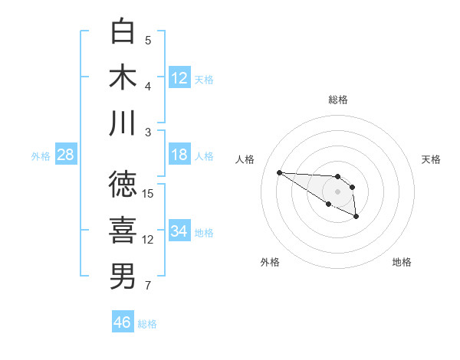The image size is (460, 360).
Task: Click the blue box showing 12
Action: tap(179, 78)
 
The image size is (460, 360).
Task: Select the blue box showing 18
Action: tap(179, 155)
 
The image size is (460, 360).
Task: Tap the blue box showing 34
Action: tap(179, 231)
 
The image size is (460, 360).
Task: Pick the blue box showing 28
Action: tap(65, 155)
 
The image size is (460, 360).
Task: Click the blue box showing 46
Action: tap(123, 322)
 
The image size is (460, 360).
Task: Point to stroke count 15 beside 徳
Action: tap(148, 193)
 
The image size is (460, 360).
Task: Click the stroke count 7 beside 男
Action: tap(148, 286)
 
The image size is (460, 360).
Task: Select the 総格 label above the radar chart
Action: tap(338, 100)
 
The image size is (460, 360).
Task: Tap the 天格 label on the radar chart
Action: tap(431, 159)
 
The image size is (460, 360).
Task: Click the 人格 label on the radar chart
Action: tap(245, 159)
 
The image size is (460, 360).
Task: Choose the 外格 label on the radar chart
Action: tap(270, 262)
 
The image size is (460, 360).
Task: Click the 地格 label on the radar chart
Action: tap(402, 262)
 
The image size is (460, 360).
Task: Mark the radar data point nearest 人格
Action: tap(279, 172)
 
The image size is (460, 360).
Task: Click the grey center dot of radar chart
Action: tap(338, 191)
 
